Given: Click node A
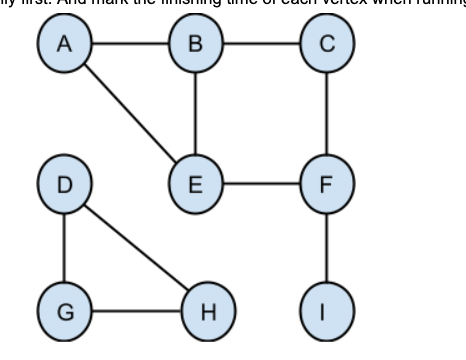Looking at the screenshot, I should pyautogui.click(x=65, y=45).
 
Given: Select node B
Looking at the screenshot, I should pyautogui.click(x=196, y=45).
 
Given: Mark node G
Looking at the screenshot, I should pyautogui.click(x=65, y=310).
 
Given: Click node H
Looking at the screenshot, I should pyautogui.click(x=208, y=310).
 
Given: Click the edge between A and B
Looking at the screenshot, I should pyautogui.click(x=130, y=45).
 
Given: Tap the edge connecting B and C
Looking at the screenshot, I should pyautogui.click(x=261, y=45).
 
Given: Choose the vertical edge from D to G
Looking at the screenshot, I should pyautogui.click(x=65, y=247).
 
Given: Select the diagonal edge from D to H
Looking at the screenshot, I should pyautogui.click(x=137, y=248).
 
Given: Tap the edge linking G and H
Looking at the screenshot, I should pyautogui.click(x=136, y=310).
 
